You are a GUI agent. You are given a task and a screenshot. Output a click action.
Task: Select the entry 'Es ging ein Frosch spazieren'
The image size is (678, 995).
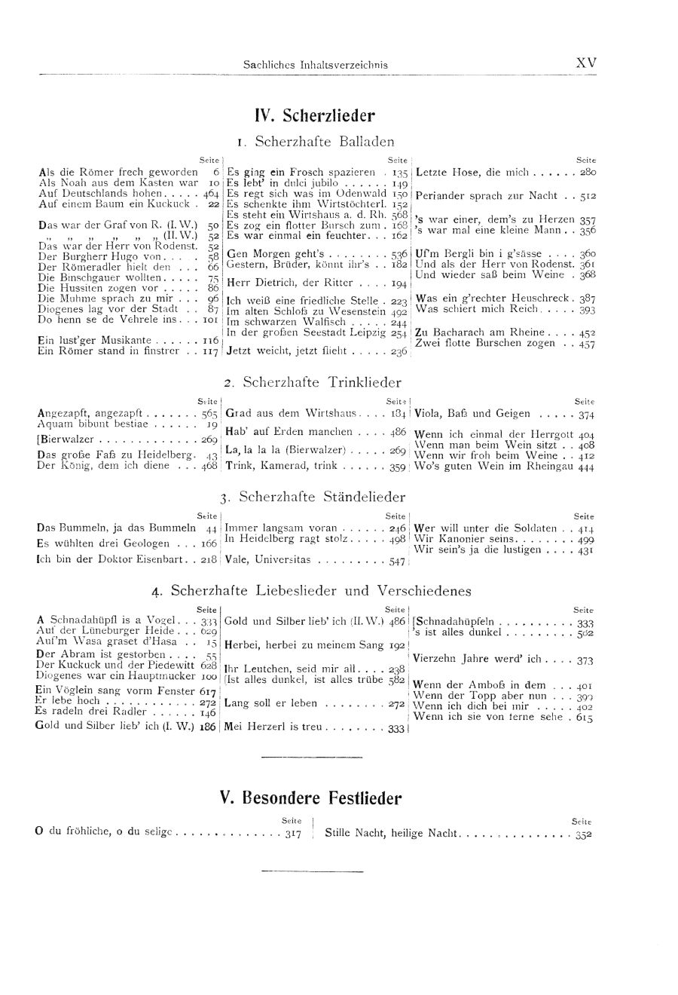(301, 172)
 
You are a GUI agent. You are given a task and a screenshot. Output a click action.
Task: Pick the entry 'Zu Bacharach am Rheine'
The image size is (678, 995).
(489, 332)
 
